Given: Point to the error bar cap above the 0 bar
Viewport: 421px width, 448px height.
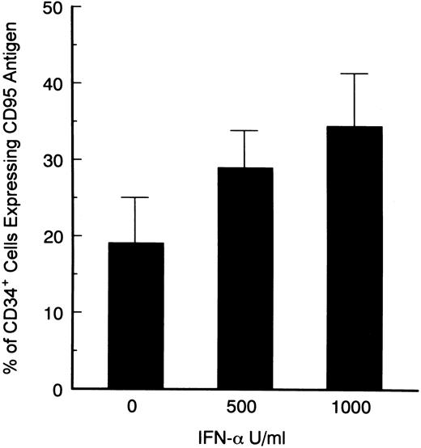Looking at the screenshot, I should (x=135, y=197).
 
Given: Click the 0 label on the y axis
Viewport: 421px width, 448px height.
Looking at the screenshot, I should (x=60, y=389).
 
